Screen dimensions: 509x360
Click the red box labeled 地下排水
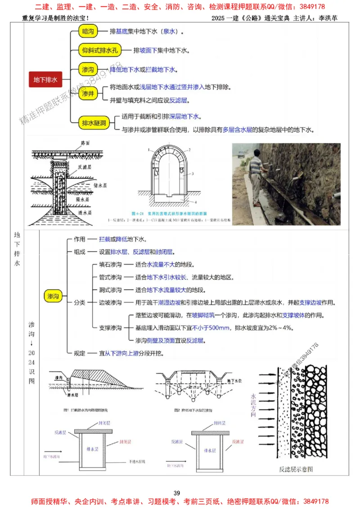coord(45,80)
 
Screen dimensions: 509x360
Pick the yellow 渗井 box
coord(88,94)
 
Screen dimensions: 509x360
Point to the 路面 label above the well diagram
coord(86,142)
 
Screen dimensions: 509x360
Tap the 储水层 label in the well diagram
coord(100,184)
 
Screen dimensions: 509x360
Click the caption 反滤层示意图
coord(296,469)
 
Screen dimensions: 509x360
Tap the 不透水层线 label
coord(138,461)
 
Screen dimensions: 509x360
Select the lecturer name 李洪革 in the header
coord(328,18)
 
